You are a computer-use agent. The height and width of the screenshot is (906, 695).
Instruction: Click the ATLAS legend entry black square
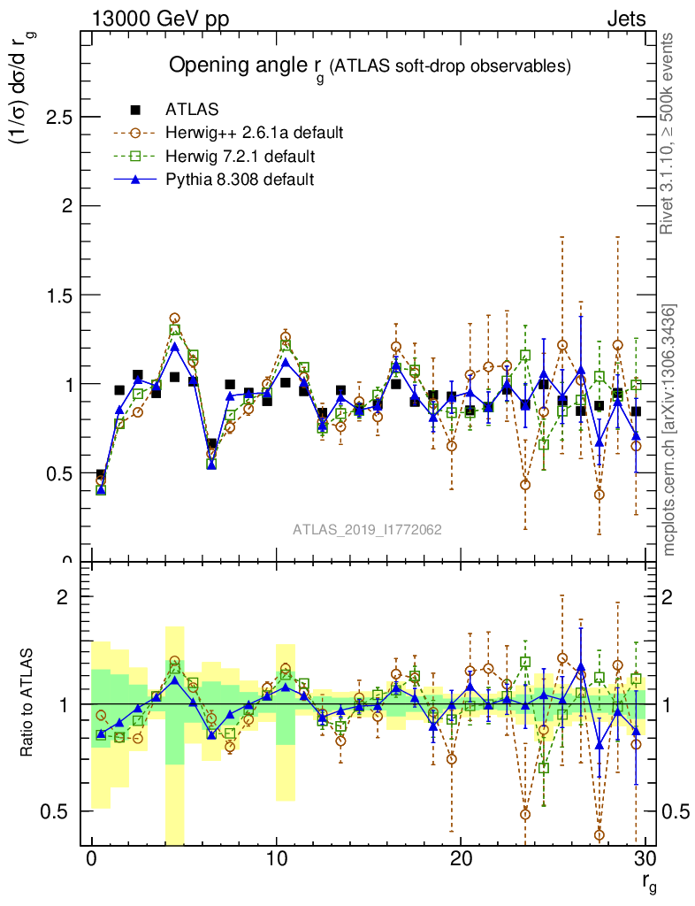pos(135,110)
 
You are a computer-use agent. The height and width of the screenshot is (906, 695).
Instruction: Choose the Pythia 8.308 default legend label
pos(240,180)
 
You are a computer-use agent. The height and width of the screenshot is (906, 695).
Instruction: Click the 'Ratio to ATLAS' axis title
pos(29,703)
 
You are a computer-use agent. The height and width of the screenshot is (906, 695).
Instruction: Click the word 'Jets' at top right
pos(626,19)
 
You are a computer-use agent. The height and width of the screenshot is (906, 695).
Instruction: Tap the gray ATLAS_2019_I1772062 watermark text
pos(368,530)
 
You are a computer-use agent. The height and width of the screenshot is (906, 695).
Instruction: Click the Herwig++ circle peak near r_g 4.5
pos(175,319)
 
